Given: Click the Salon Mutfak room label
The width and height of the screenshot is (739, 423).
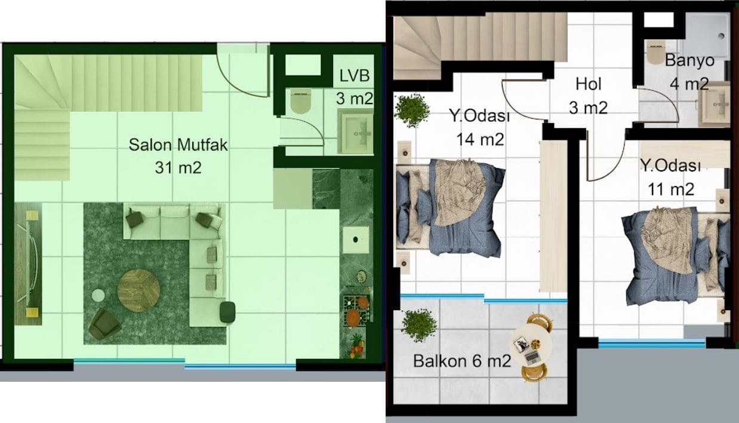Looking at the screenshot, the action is click(178, 145).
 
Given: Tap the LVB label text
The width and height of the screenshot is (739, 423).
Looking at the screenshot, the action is click(355, 76).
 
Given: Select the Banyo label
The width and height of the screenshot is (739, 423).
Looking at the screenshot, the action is click(689, 60).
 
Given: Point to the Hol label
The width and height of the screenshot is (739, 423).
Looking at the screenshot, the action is click(589, 84).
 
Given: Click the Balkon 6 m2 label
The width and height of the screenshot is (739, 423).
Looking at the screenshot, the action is click(462, 361).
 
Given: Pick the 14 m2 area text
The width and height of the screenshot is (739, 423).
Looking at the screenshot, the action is click(480, 139).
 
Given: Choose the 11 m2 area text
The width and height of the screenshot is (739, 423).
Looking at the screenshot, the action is click(671, 189).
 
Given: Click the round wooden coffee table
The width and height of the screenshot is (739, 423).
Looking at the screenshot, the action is click(139, 290).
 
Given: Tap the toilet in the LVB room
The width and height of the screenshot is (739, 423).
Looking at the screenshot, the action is click(300, 101).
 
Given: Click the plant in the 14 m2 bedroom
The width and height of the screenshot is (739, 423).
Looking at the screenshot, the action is click(412, 111).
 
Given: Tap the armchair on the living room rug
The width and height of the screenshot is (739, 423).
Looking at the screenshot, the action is click(104, 324).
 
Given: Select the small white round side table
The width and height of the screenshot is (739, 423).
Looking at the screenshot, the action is click(98, 296).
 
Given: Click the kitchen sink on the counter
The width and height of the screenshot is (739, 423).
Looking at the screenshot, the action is click(356, 240).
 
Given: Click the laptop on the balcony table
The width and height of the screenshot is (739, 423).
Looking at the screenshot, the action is click(532, 357).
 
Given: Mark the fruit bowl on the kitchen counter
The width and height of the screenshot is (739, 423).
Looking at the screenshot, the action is click(358, 347).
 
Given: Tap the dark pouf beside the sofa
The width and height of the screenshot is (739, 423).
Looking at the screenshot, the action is click(227, 312).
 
